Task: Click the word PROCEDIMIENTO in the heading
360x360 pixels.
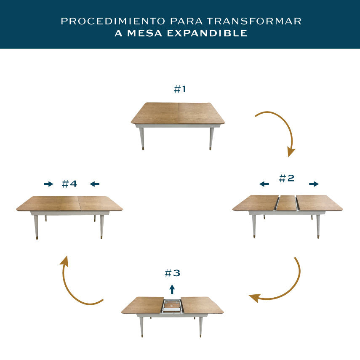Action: (113, 21)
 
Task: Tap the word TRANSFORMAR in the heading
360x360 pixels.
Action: (254, 21)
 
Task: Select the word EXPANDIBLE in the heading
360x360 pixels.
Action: (207, 33)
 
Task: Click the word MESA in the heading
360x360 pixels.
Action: (145, 33)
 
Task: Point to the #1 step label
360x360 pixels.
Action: (180, 89)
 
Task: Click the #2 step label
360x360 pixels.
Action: (287, 178)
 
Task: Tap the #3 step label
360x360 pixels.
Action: (173, 273)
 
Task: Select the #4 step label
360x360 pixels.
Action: (69, 184)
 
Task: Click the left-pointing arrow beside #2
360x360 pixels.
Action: (264, 184)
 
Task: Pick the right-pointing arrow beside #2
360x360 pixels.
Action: (314, 184)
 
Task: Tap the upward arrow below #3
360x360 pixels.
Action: (172, 289)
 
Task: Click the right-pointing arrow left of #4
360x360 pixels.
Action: (48, 184)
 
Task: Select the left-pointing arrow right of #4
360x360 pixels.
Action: (95, 184)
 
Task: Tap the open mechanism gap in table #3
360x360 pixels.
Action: (172, 306)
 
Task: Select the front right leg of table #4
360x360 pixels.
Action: (102, 227)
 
